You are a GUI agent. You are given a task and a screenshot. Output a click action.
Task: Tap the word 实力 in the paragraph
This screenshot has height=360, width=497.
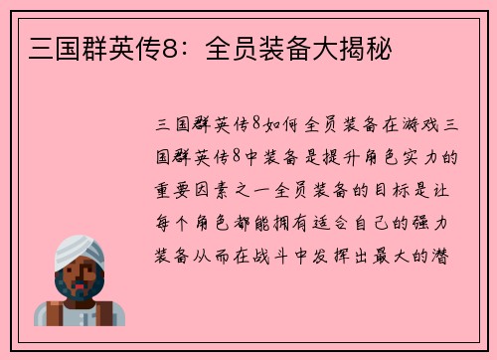click(x=421, y=156)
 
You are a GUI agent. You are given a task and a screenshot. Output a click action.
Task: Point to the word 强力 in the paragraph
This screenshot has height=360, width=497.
click(x=435, y=220)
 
